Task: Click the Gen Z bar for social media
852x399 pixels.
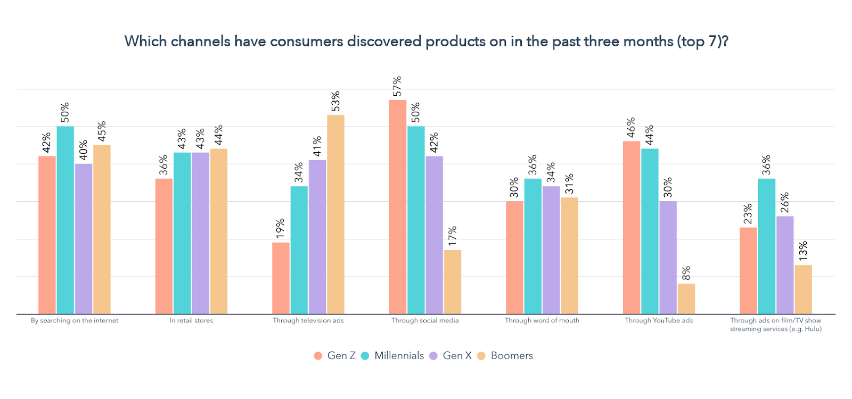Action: tap(397, 207)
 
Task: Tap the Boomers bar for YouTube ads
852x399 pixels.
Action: tap(686, 299)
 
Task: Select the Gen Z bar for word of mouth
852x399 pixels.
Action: tap(514, 257)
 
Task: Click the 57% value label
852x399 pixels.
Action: tap(397, 87)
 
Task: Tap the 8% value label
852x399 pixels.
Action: tap(686, 273)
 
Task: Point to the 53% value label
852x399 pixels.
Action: tap(335, 102)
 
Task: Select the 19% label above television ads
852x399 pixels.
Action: tap(281, 228)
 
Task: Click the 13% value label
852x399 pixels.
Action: tap(803, 251)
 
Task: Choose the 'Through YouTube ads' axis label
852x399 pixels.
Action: tap(659, 320)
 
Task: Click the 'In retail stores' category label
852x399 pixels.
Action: tap(191, 320)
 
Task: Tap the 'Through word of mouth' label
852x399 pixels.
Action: tap(542, 320)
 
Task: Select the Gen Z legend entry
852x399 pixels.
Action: tap(335, 355)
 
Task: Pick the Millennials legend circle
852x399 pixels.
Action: tap(365, 356)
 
